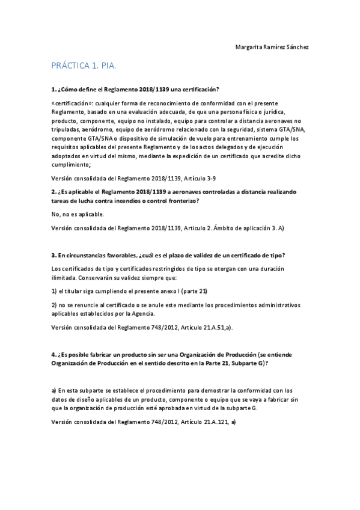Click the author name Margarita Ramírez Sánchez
[272, 47]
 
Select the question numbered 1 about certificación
[135, 88]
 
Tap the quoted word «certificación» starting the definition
[72, 103]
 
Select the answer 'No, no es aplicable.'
[78, 214]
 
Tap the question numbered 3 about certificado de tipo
[168, 254]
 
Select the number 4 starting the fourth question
[53, 354]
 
